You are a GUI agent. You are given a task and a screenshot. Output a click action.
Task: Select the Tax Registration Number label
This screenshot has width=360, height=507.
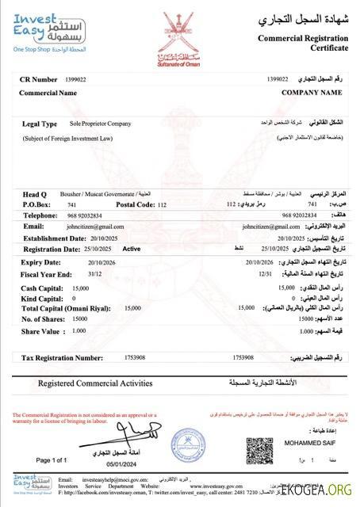tap(63, 358)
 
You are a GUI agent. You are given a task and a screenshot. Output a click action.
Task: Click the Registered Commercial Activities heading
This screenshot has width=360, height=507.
tap(95, 383)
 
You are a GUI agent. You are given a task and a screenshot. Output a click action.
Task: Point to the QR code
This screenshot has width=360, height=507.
tap(259, 450)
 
